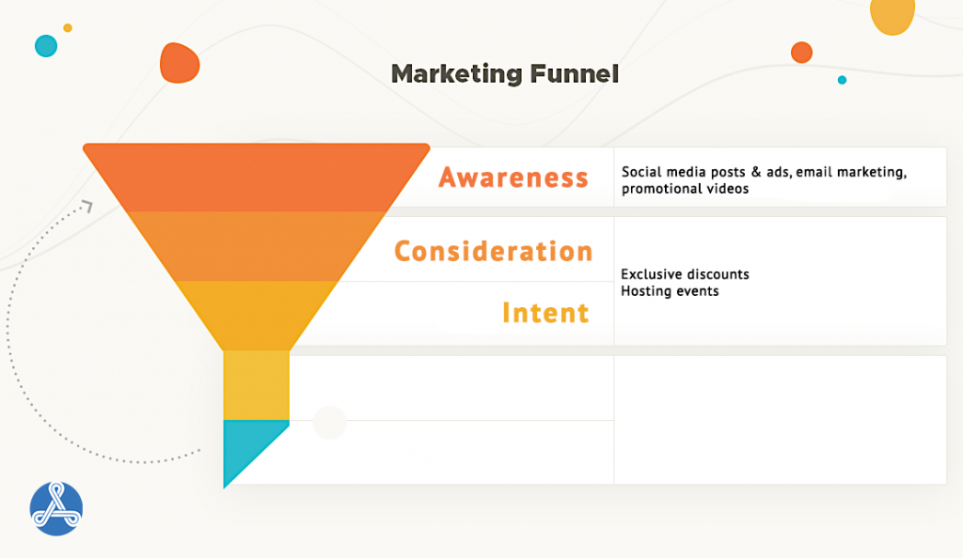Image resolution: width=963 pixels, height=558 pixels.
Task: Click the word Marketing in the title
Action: tap(457, 75)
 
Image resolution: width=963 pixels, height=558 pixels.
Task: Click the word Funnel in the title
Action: tap(575, 73)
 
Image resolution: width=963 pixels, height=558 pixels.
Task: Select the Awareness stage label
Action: tap(513, 178)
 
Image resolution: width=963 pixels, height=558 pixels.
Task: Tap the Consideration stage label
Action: tap(493, 252)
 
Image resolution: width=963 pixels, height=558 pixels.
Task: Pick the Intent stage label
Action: tap(546, 313)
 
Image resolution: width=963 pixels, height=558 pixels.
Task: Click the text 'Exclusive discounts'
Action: tap(685, 274)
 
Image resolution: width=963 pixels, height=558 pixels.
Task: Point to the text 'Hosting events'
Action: tap(670, 291)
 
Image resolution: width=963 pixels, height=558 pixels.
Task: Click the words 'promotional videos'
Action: tap(685, 189)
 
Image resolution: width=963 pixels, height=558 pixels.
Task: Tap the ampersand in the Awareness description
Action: tap(756, 172)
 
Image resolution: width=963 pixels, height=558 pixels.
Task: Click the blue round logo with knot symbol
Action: tap(55, 508)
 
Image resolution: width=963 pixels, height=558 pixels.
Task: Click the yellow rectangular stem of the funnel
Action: tap(256, 385)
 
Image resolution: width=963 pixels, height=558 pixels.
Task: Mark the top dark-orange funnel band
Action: tap(256, 178)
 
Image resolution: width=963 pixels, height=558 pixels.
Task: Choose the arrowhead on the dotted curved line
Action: tap(88, 206)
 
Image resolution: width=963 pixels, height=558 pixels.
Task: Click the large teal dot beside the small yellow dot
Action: tap(46, 46)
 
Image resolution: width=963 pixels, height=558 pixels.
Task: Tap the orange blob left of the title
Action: tap(180, 63)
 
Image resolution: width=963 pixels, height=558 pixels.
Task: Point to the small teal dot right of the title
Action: tap(842, 80)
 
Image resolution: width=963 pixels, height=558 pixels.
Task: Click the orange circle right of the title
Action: tap(801, 53)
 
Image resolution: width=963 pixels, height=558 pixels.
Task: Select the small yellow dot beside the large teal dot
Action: tap(68, 27)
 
